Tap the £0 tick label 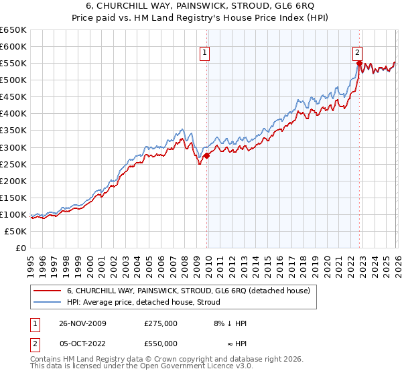click(x=20, y=248)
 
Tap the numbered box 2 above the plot click(x=358, y=52)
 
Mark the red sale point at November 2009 click(x=206, y=155)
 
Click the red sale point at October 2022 click(x=359, y=64)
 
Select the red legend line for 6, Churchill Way click(x=47, y=291)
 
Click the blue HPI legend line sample click(x=47, y=302)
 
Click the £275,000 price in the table click(x=161, y=323)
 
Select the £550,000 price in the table click(x=161, y=343)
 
